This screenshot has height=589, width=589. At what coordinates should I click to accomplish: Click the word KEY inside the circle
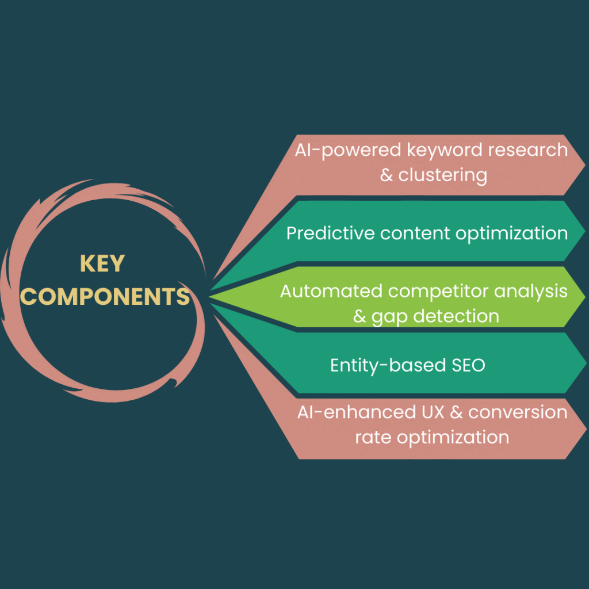coord(102,263)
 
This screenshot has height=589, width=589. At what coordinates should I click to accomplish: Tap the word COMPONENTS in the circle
coord(105,296)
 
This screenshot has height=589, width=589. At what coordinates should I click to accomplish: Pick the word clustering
coord(442,175)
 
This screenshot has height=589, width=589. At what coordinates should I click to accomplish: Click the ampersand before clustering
coord(387,175)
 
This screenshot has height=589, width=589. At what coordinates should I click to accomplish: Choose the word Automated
coord(331,291)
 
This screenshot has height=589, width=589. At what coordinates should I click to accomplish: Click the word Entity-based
coord(382,365)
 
